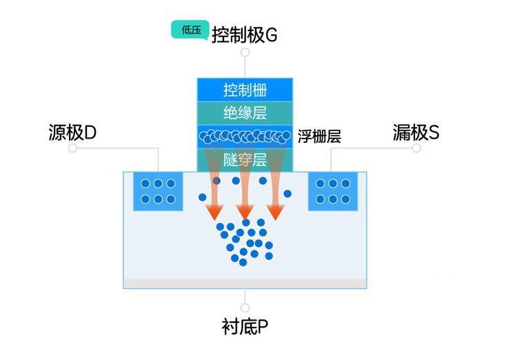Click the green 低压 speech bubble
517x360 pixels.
(x=190, y=30)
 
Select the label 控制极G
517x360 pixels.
(x=244, y=34)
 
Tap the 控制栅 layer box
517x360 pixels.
(x=245, y=90)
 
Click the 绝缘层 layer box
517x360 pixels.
(x=245, y=113)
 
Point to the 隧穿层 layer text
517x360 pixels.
(x=245, y=160)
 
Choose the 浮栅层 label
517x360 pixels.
(x=319, y=137)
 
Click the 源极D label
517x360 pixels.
(x=72, y=132)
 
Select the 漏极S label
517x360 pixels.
(x=416, y=132)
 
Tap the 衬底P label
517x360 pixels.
(x=245, y=327)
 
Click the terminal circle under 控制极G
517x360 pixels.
(x=245, y=52)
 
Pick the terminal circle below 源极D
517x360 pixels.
(x=72, y=148)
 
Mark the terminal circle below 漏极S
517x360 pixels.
(x=416, y=148)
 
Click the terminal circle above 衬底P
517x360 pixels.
(x=245, y=308)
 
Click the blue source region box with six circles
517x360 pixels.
(x=158, y=191)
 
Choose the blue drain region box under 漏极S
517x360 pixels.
(x=333, y=191)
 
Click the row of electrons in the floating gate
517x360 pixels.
(x=245, y=137)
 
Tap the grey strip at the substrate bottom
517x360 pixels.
(x=245, y=283)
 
